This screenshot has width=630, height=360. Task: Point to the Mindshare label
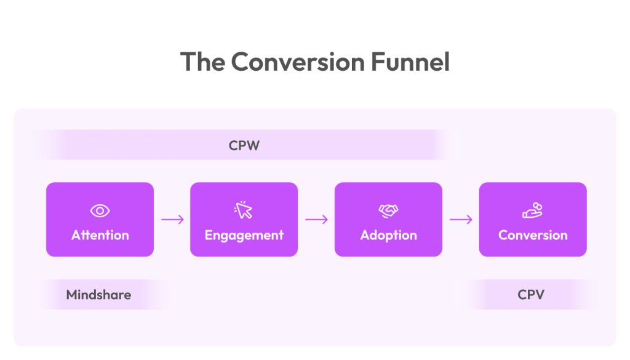point(98,295)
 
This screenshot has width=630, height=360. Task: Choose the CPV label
point(531,295)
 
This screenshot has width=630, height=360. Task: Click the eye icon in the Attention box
point(100,211)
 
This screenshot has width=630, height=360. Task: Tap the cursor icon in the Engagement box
point(244,210)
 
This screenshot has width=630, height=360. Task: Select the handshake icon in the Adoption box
point(388,211)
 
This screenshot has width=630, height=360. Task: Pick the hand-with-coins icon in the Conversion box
point(532,210)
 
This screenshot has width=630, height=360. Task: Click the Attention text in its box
point(100,235)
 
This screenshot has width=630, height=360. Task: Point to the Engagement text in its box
point(244,235)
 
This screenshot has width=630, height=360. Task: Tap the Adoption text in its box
point(388,235)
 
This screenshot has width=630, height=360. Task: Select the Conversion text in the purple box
point(533,235)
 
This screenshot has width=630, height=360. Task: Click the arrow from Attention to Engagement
point(172,220)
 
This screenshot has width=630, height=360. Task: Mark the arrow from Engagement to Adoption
point(316,220)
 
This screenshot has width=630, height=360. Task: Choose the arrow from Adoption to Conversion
point(461,220)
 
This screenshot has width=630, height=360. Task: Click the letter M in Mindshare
point(71,295)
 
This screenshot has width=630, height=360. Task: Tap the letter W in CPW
point(255,145)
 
